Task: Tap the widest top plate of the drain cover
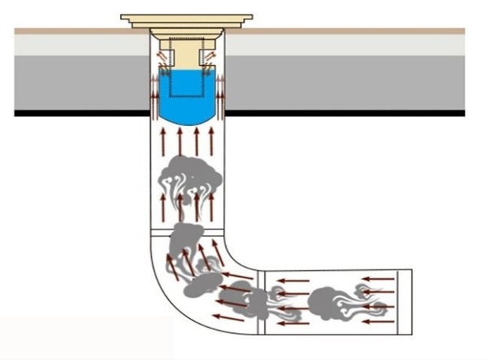(186, 17)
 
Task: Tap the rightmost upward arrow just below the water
(212, 142)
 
